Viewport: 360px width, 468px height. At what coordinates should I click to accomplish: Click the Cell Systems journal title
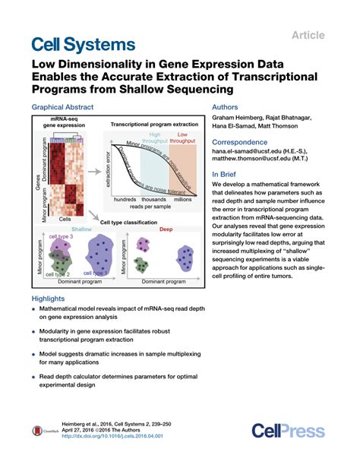(84, 44)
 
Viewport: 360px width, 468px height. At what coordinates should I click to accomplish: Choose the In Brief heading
(227, 174)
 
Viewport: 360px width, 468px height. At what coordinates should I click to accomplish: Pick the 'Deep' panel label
(166, 229)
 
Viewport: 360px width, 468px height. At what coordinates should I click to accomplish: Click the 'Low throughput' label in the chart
(182, 137)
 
